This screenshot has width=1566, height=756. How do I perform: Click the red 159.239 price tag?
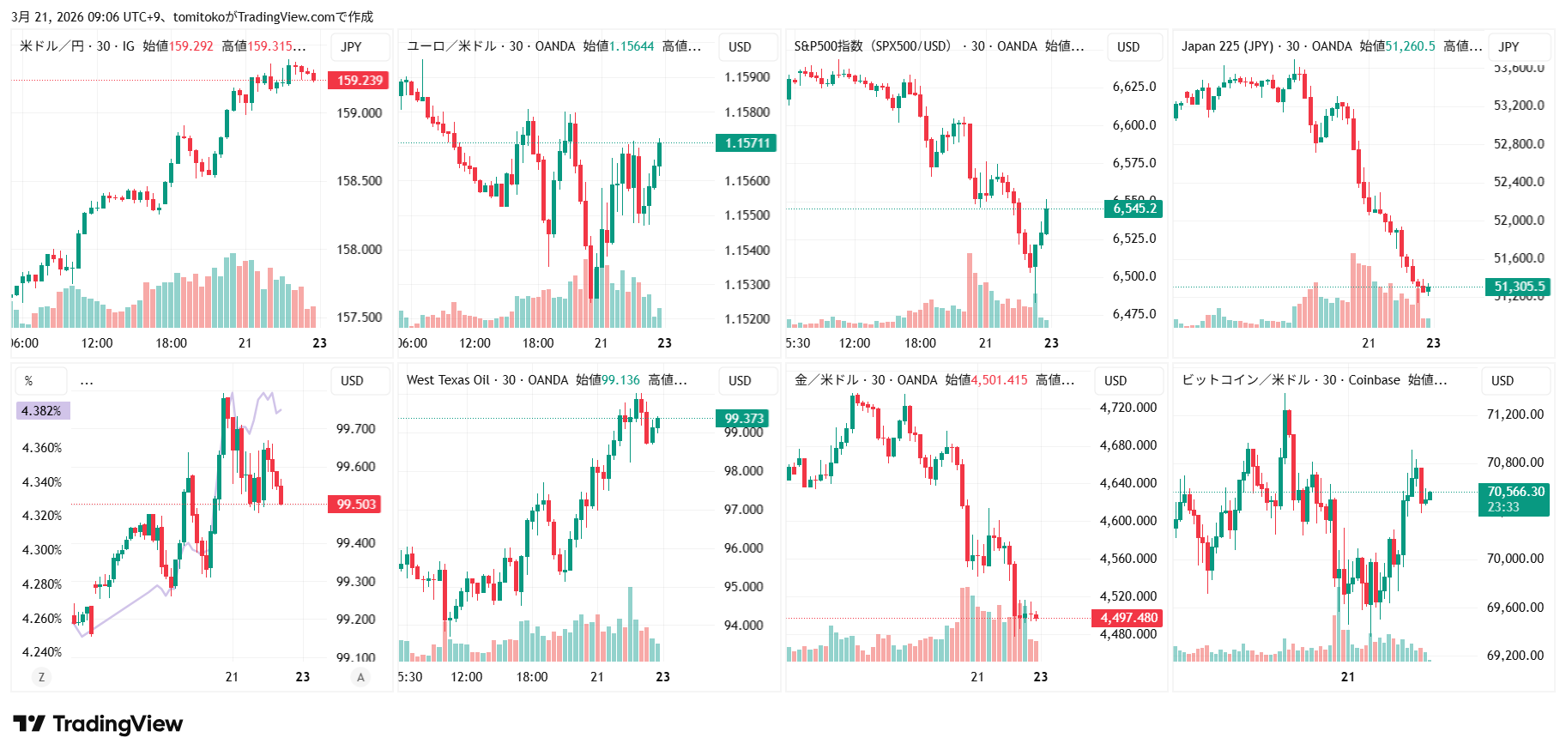click(359, 81)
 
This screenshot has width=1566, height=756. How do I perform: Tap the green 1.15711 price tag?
click(746, 143)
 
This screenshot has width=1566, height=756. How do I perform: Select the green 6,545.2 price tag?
click(1134, 209)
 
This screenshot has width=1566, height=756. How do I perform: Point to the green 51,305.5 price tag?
click(1518, 287)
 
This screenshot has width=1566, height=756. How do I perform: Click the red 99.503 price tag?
click(356, 505)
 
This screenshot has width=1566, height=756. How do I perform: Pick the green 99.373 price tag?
click(743, 419)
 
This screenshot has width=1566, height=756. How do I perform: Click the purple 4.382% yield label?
click(42, 411)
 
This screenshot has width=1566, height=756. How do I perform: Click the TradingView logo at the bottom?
click(98, 724)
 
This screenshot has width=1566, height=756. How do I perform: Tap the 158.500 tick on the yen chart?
click(359, 181)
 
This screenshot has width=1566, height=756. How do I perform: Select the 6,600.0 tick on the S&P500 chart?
click(1134, 125)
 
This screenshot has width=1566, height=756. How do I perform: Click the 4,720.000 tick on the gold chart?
click(1128, 408)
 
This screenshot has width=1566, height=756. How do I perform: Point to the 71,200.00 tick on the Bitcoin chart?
click(1515, 414)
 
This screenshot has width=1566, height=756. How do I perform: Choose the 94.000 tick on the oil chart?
click(743, 626)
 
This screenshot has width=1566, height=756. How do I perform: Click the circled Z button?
click(41, 677)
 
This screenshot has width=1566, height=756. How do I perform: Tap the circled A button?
click(360, 677)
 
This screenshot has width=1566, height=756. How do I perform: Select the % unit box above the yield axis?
click(29, 381)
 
